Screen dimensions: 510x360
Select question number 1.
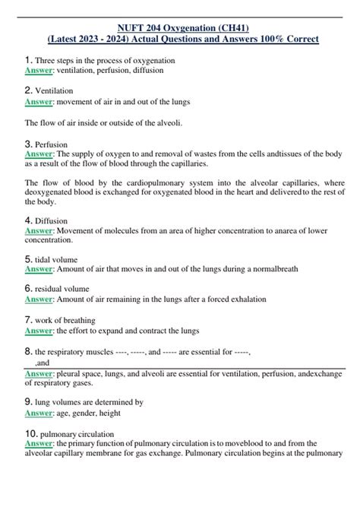coord(28,60)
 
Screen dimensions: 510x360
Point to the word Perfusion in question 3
coord(52,144)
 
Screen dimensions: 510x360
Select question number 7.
coord(28,319)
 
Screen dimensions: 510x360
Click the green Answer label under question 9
coord(38,413)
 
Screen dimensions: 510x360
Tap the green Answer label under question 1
coord(38,71)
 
